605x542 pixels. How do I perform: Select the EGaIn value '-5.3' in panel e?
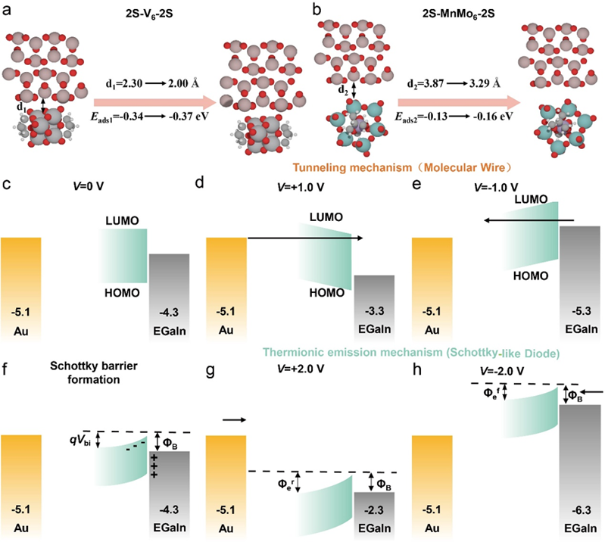[x=579, y=310]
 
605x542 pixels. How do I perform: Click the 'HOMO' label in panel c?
[x=118, y=291]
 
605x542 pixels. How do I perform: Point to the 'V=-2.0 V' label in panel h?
[x=504, y=371]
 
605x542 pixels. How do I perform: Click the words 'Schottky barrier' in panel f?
[x=93, y=366]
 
